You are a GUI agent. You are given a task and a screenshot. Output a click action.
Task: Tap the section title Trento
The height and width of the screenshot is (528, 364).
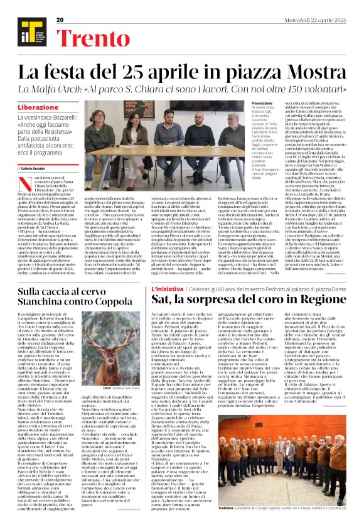coord(94,37)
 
